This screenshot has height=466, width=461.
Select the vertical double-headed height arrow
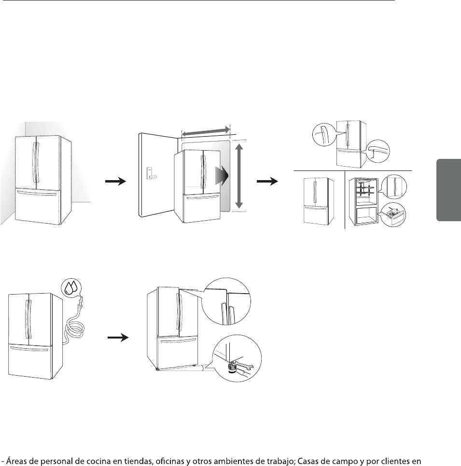pos(237,175)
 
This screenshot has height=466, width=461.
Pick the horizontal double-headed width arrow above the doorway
pos(205,131)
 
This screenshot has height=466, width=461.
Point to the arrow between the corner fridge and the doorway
pos(115,182)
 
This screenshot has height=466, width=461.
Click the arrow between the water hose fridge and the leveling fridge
pos(119,338)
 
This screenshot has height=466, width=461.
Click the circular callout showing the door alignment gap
pos(227,302)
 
